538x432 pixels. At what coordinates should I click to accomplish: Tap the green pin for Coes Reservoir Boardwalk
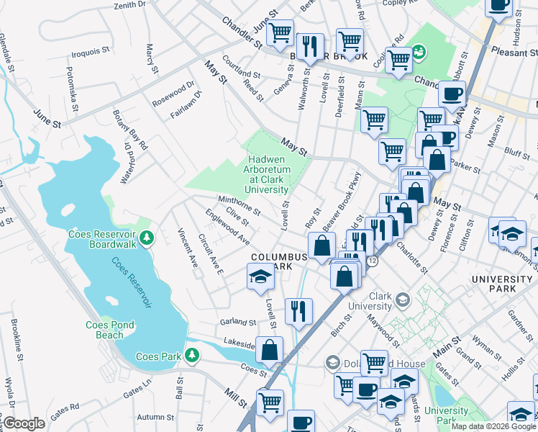[146, 237]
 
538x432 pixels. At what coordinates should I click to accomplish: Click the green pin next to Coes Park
[191, 355]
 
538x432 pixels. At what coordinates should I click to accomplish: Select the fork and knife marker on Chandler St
[309, 46]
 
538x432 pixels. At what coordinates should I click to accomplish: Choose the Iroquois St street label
[90, 52]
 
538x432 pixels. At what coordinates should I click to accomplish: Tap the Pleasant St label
[514, 52]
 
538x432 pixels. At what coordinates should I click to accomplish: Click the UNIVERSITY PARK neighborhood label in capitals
[501, 284]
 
